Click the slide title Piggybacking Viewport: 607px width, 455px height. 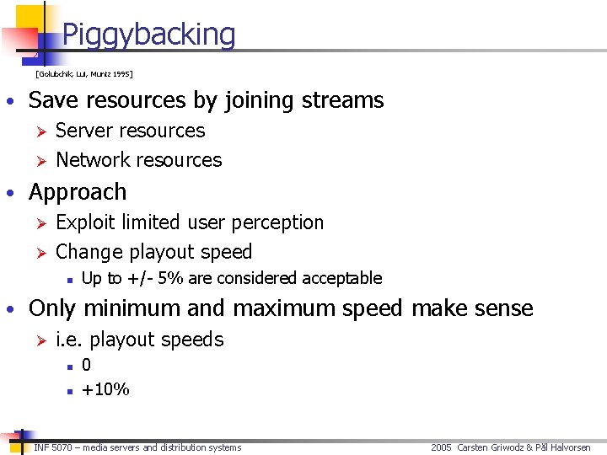(148, 35)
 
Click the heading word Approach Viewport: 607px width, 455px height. (78, 192)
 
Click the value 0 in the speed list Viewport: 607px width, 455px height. (87, 365)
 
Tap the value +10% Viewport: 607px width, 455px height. (105, 388)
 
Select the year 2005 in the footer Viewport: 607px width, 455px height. (442, 447)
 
